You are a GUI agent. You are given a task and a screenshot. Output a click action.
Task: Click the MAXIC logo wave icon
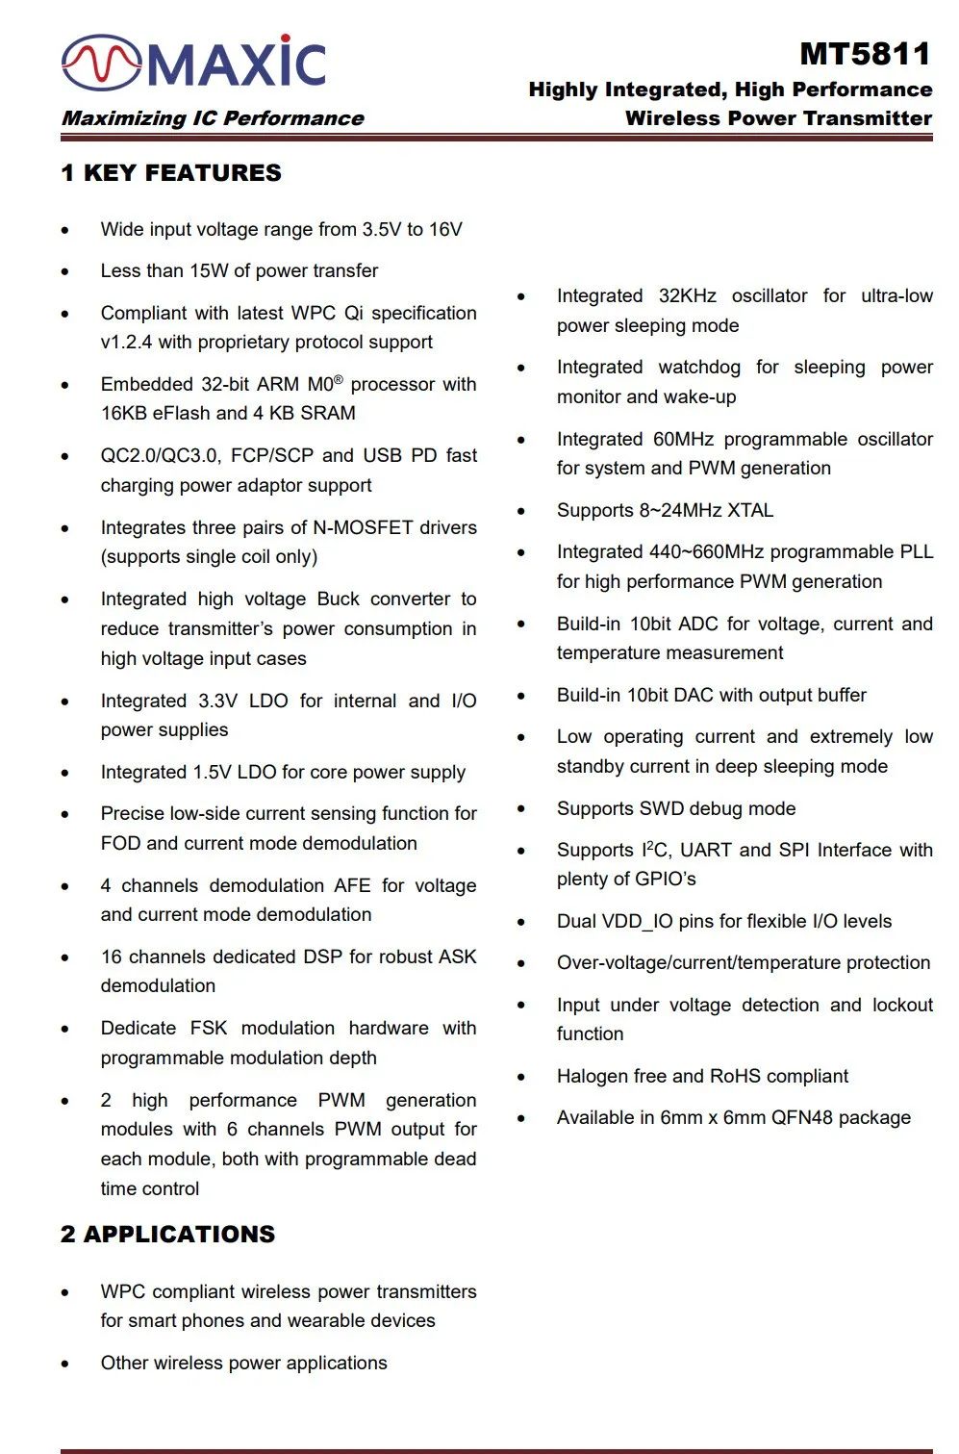[102, 63]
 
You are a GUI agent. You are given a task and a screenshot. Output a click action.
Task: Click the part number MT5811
[865, 54]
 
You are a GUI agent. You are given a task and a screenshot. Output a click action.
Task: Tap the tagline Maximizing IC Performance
[213, 118]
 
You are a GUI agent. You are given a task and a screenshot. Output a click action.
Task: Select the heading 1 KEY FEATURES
[171, 173]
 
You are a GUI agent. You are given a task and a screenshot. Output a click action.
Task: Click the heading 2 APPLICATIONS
[168, 1235]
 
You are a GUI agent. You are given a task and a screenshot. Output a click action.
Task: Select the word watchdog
[699, 368]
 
